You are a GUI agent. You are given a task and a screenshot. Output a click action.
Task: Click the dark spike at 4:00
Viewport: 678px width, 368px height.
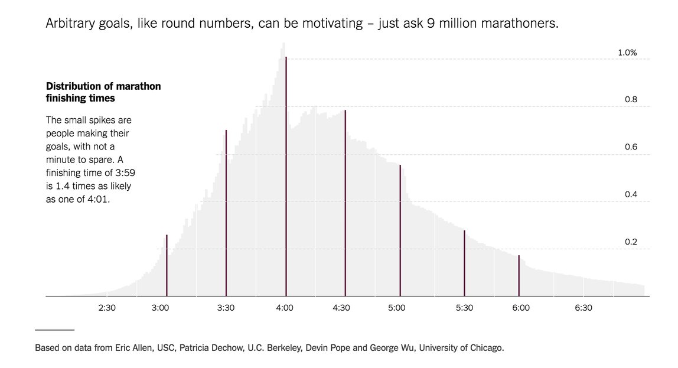[x=286, y=177]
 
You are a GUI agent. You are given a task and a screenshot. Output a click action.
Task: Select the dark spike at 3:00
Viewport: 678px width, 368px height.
[x=167, y=266]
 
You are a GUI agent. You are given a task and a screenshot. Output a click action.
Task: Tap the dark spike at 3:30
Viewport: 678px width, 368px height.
[x=226, y=213]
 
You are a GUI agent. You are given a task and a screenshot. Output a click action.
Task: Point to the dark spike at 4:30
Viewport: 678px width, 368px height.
[x=345, y=204]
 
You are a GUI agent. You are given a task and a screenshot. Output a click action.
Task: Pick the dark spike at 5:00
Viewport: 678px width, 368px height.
[x=400, y=230]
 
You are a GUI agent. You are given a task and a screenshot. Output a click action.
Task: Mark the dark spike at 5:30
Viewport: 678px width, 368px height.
[x=464, y=263]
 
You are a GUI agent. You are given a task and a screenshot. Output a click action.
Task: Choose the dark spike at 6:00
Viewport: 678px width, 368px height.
[x=519, y=276]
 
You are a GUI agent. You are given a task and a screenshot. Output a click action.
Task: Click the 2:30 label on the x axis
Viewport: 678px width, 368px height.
[x=107, y=308]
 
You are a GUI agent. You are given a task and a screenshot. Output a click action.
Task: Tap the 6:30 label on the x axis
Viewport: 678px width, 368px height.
[x=584, y=308]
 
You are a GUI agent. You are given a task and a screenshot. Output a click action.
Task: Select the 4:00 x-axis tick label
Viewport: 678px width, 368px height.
[x=285, y=308]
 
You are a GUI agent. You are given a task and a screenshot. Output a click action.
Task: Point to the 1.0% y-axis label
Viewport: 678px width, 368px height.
[x=627, y=53]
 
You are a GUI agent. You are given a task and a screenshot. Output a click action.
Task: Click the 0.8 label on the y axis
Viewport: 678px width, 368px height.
[x=631, y=100]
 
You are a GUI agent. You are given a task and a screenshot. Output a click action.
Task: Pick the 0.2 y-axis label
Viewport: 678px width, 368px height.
[x=631, y=242]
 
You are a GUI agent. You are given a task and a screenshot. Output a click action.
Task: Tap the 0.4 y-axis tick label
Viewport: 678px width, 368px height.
[x=631, y=195]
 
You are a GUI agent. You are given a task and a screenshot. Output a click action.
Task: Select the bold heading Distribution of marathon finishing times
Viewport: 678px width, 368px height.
[x=103, y=92]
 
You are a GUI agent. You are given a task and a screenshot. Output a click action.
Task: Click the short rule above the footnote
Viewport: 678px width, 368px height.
[x=54, y=330]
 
